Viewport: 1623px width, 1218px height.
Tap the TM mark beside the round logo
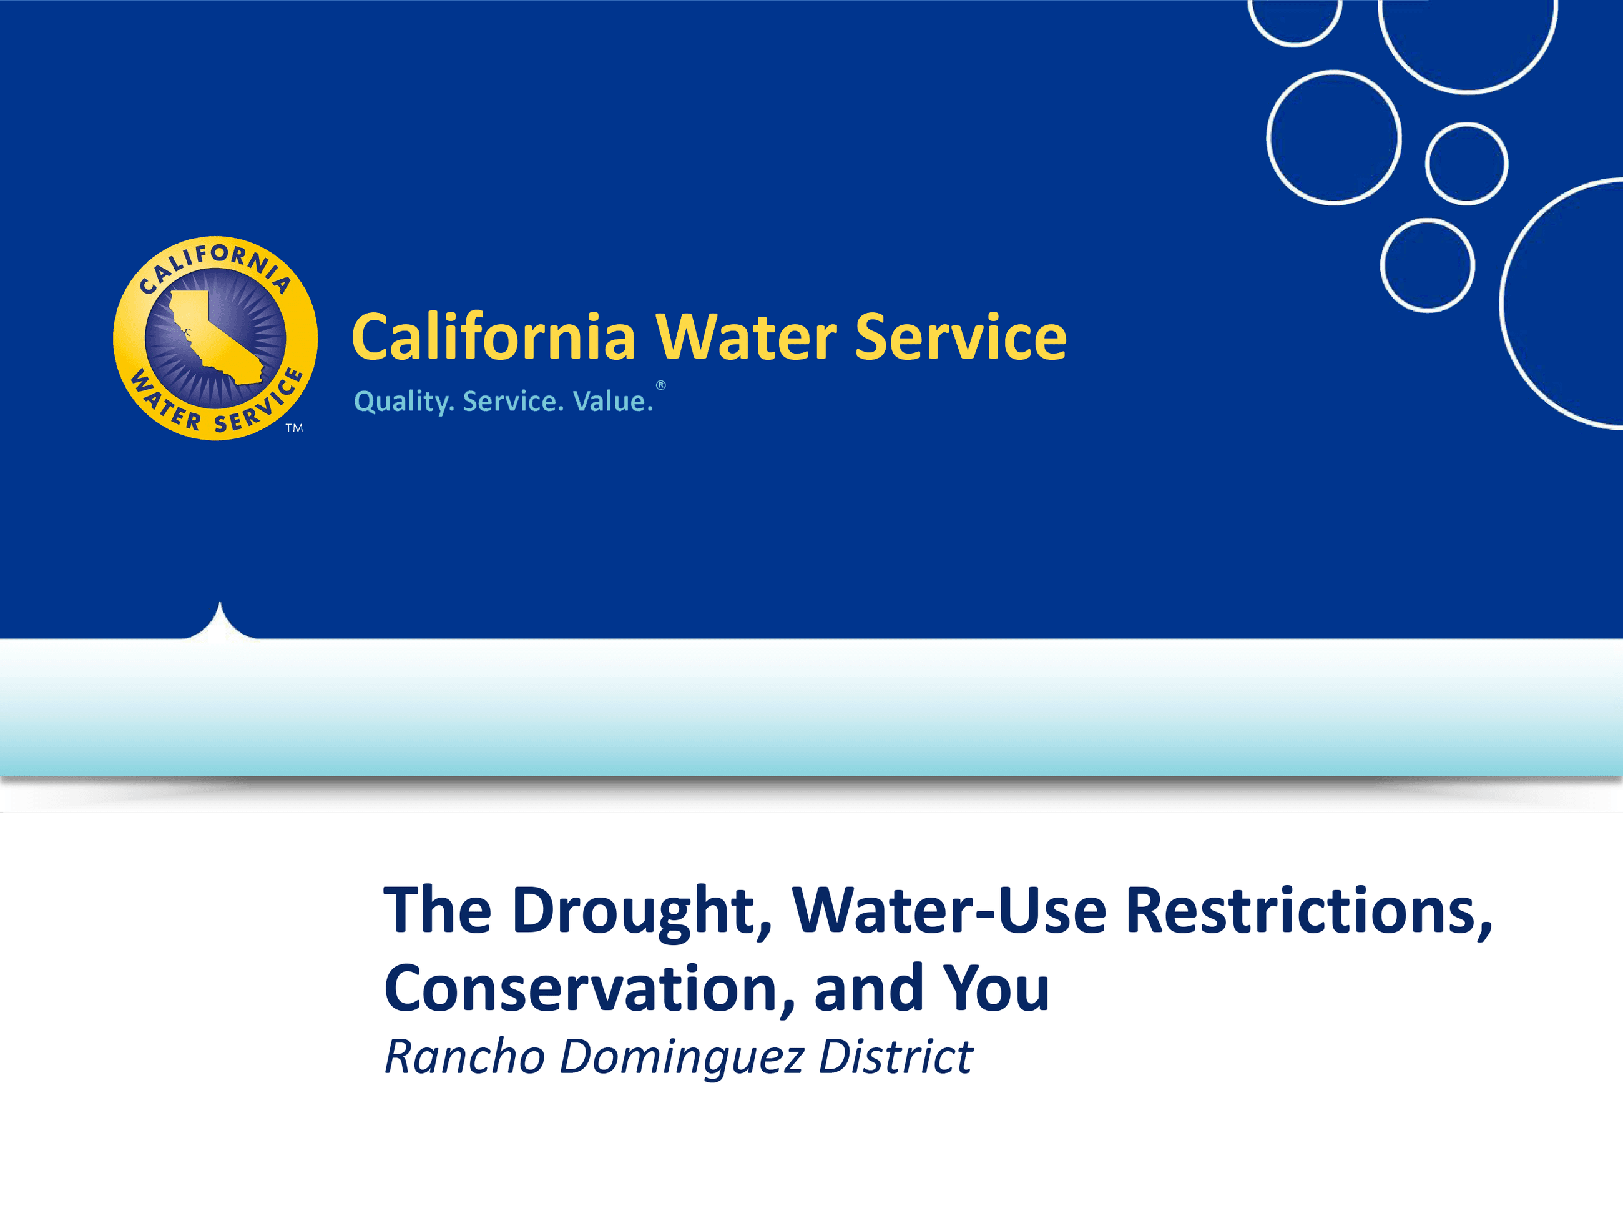[294, 428]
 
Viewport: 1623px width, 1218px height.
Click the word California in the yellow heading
[493, 337]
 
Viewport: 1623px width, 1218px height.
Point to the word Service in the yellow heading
[961, 337]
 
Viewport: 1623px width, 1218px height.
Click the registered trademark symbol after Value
[660, 385]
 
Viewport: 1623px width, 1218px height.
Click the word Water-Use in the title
[949, 911]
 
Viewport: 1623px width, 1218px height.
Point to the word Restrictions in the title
[1308, 911]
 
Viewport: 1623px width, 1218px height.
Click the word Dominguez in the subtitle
[682, 1057]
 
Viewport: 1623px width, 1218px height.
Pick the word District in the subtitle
[895, 1057]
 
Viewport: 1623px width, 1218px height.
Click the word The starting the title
[438, 911]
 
